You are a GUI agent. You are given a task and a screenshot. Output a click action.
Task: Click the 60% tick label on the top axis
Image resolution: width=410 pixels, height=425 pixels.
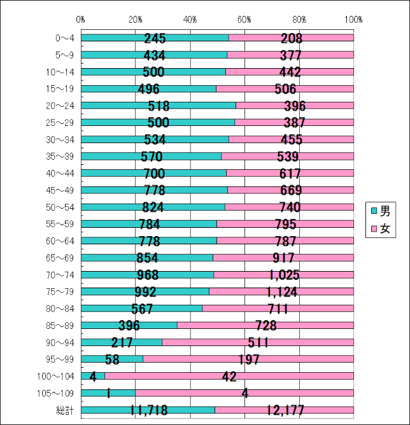(x=245, y=19)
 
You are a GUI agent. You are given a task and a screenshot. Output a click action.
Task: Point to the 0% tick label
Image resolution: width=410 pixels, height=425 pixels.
(x=81, y=19)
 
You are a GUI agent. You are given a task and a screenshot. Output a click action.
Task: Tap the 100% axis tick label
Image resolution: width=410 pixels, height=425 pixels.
(x=353, y=19)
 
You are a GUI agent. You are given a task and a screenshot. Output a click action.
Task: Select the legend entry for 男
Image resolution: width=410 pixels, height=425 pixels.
(x=380, y=211)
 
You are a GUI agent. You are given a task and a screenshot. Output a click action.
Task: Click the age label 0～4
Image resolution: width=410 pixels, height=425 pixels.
(x=66, y=38)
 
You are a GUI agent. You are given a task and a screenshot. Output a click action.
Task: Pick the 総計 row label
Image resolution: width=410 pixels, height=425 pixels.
(x=66, y=410)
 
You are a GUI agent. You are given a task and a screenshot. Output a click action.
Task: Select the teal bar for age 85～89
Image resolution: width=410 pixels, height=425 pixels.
(x=129, y=326)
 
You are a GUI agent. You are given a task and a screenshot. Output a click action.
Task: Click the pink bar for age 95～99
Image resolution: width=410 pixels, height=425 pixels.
(x=248, y=359)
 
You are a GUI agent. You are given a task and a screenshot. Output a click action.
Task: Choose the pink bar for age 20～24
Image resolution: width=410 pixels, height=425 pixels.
(x=294, y=106)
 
